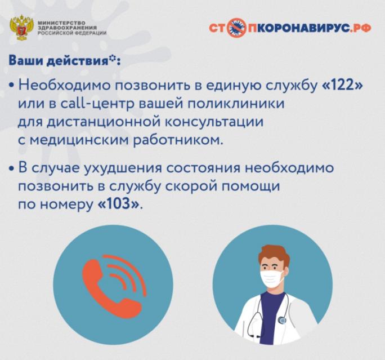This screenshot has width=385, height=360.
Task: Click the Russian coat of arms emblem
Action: click(x=21, y=28)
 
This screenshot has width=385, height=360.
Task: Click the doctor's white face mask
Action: click(x=271, y=278)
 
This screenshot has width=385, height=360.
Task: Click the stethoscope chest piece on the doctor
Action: click(x=282, y=320)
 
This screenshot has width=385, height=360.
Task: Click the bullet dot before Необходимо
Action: click(x=11, y=86)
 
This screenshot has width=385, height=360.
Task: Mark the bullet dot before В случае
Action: click(x=11, y=169)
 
